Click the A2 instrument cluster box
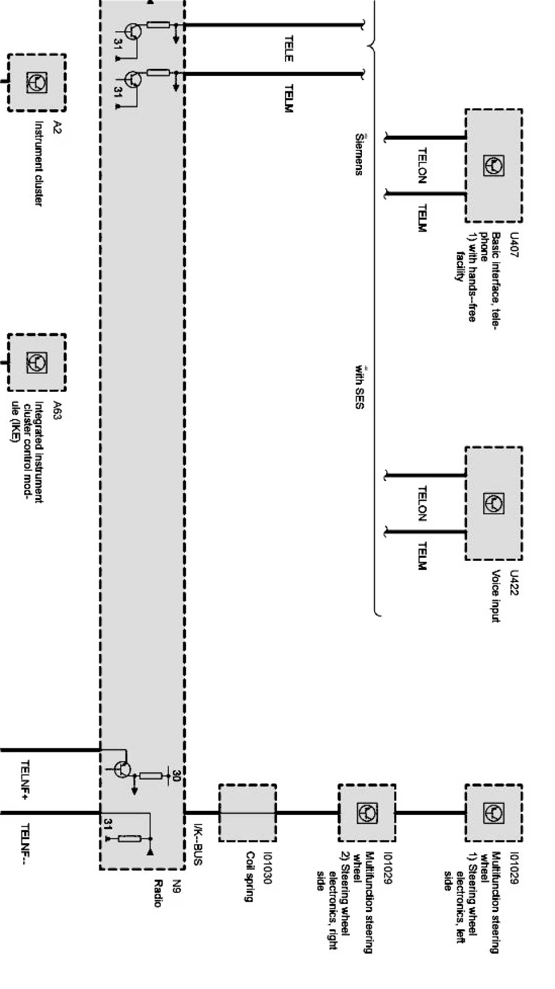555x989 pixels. tap(36, 83)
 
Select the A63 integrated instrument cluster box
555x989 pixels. tap(36, 363)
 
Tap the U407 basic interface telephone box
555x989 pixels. tap(493, 166)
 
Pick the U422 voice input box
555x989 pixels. tap(493, 503)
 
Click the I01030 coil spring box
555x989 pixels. tap(247, 813)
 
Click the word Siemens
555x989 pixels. tap(359, 155)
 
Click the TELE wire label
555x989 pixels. tap(288, 49)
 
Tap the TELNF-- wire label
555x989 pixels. tap(25, 847)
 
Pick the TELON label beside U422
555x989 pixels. tap(422, 503)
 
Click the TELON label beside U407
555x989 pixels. tap(422, 166)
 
